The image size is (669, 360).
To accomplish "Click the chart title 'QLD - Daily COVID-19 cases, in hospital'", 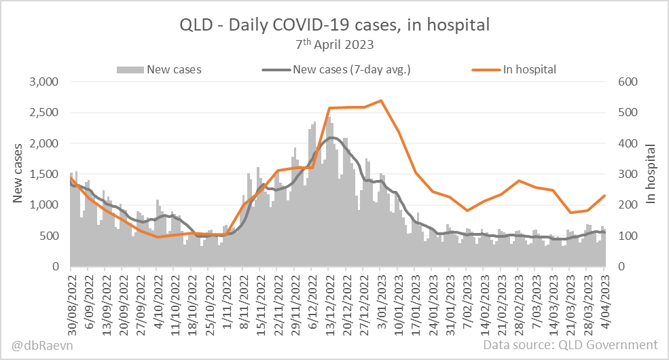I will tap(334, 25).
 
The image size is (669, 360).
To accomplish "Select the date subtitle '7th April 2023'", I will tap(334, 45).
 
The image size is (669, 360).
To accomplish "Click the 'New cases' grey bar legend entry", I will tap(160, 69).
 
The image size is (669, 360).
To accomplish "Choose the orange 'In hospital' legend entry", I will tap(514, 69).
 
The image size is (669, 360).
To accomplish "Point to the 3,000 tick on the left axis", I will tap(45, 82).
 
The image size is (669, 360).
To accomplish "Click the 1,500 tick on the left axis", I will tap(45, 175).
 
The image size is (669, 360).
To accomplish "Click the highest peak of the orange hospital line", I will tap(380, 101).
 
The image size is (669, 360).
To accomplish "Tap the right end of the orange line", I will tap(604, 196).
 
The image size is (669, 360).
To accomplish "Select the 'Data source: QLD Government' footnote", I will tap(571, 345).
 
